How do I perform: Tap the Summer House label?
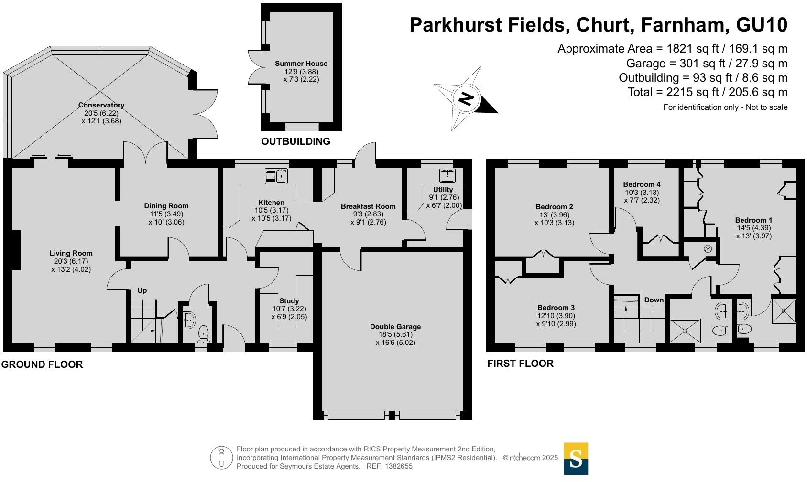click(301, 64)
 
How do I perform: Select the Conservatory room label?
click(101, 105)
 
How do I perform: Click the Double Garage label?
click(395, 327)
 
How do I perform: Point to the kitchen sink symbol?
click(276, 176)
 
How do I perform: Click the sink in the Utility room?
click(447, 175)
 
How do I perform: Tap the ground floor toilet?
click(204, 333)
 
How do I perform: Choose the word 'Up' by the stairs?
click(142, 290)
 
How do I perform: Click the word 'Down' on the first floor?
click(654, 300)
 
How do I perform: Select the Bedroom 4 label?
click(642, 184)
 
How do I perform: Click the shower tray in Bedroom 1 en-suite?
click(784, 311)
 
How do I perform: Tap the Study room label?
click(289, 301)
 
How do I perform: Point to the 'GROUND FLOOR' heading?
click(42, 364)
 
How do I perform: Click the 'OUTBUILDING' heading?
click(295, 141)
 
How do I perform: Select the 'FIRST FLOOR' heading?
click(520, 364)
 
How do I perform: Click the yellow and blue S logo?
click(576, 459)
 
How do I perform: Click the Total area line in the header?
click(707, 92)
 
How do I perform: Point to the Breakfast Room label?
click(368, 206)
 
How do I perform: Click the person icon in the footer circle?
click(221, 458)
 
